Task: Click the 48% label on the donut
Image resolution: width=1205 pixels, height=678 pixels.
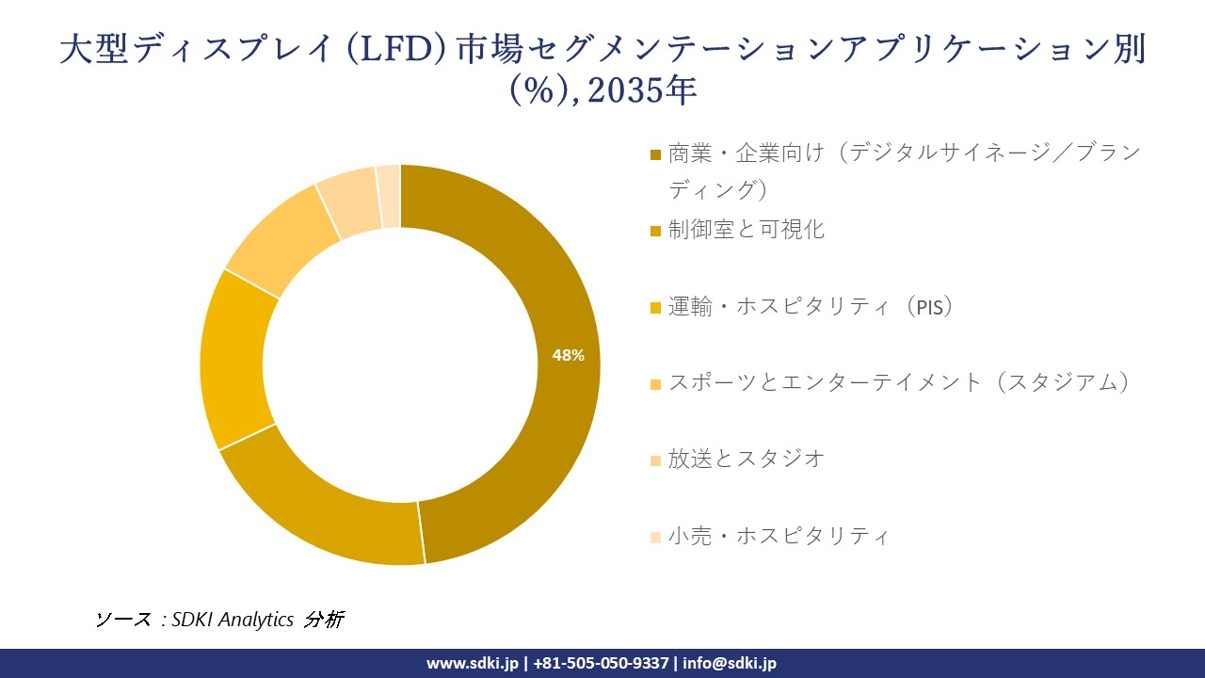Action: point(568,355)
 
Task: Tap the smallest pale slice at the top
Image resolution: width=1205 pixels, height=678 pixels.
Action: point(389,196)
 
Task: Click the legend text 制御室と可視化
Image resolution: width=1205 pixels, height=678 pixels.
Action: point(747,230)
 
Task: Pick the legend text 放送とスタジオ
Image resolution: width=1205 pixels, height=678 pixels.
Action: point(747,459)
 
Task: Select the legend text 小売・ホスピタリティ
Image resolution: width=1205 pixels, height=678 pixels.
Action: point(779,536)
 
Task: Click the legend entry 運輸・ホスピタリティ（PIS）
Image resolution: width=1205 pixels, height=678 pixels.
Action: point(811,306)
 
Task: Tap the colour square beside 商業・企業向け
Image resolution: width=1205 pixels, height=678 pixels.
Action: point(656,153)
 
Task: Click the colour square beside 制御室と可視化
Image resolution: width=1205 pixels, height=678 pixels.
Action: point(656,231)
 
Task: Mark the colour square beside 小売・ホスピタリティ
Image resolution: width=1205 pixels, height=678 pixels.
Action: point(656,537)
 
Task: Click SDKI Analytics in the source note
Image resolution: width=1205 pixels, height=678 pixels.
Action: point(233,620)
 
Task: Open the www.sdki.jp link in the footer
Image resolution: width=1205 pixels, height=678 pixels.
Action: point(472,663)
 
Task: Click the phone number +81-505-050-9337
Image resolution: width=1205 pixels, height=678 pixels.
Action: point(601,663)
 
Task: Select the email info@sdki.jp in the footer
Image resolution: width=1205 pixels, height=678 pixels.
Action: point(729,663)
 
